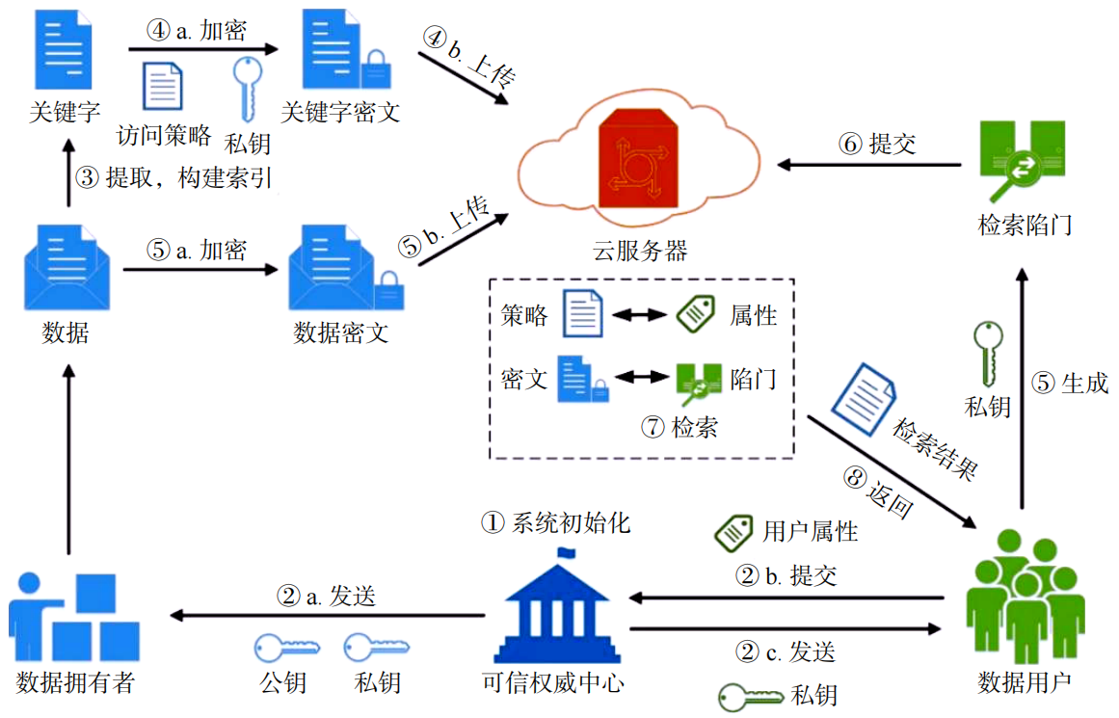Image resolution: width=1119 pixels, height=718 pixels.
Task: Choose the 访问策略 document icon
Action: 163,86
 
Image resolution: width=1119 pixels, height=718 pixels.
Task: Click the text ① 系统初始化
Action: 556,522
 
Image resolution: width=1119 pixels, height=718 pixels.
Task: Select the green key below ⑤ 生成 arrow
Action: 987,353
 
